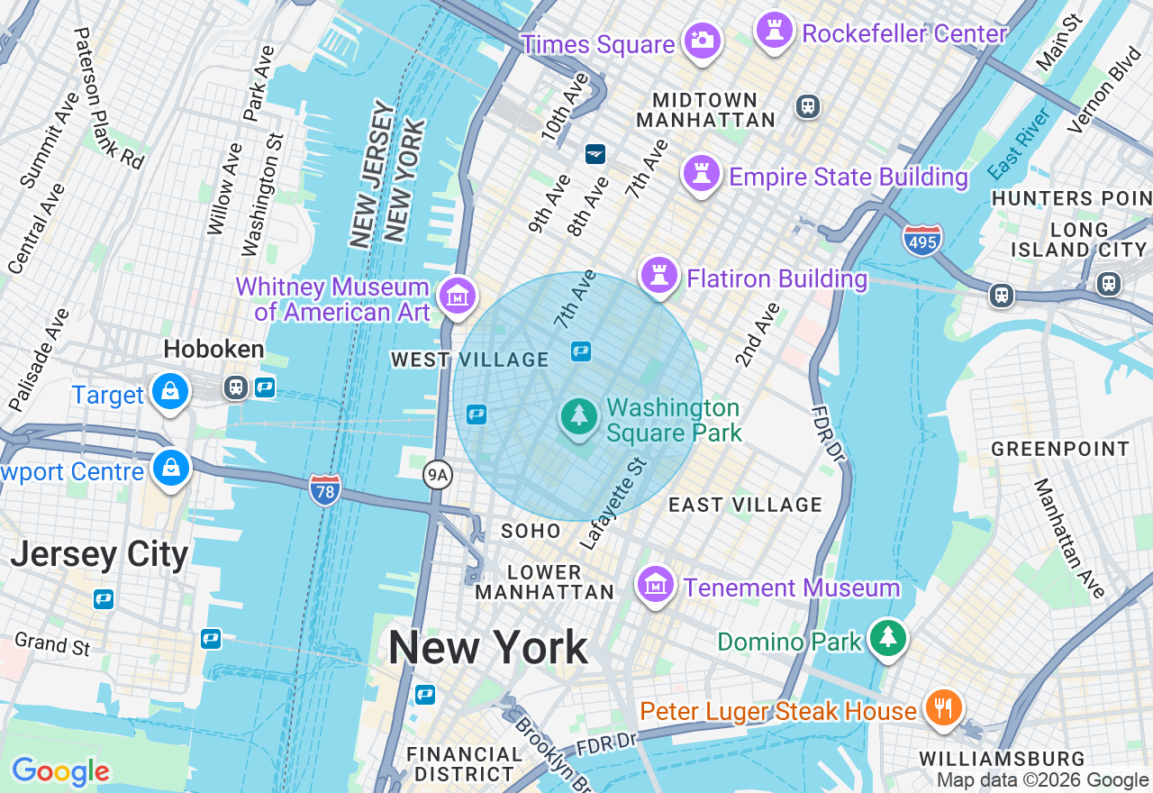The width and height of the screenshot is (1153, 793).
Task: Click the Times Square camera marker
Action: point(702,40)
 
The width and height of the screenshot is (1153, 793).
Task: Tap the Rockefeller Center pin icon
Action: point(774,29)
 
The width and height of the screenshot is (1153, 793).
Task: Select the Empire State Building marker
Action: point(702,171)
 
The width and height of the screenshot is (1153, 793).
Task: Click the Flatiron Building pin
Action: point(659,274)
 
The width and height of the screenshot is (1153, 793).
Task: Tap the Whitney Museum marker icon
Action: point(457,294)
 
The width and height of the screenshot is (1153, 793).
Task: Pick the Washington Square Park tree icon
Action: point(579,416)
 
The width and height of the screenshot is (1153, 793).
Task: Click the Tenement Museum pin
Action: point(656,584)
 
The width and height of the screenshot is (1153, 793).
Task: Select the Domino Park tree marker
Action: point(888,637)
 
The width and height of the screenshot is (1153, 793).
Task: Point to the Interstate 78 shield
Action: point(324,489)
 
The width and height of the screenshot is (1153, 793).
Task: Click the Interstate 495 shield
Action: point(921,240)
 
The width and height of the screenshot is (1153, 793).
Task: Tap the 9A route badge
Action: point(437,475)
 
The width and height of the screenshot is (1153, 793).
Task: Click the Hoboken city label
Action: point(213,350)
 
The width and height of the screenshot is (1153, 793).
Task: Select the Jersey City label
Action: point(99,553)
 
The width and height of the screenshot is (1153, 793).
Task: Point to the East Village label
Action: point(745,505)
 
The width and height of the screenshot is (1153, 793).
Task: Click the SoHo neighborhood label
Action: point(531,532)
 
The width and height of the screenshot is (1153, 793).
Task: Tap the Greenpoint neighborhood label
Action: point(1060,449)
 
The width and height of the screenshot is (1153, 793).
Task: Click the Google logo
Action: point(60,771)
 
